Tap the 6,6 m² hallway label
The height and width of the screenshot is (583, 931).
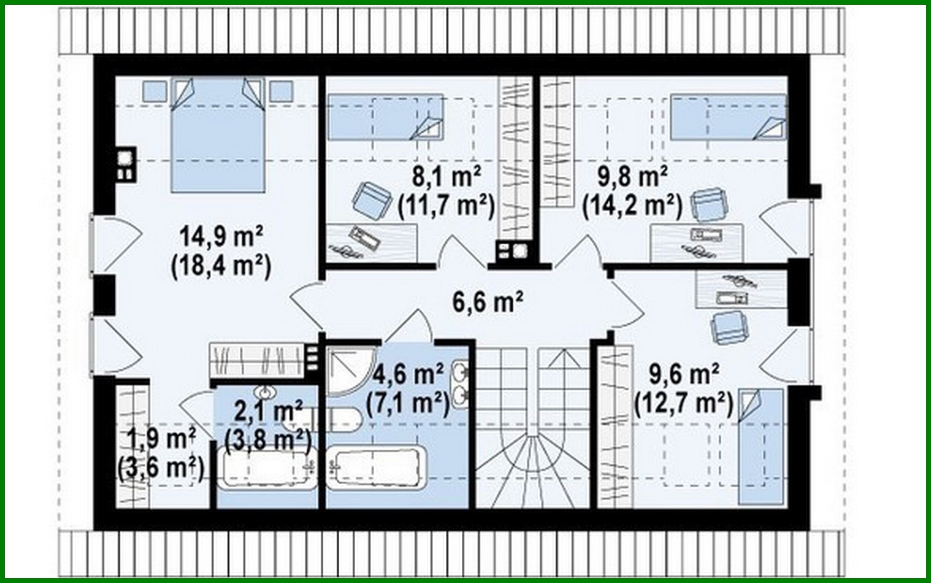click(x=487, y=302)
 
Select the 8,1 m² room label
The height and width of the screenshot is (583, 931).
click(x=446, y=177)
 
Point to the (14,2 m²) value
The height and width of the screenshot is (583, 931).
click(x=632, y=206)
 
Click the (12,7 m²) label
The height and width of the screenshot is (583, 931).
click(x=684, y=405)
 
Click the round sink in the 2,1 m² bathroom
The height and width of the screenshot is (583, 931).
click(x=265, y=393)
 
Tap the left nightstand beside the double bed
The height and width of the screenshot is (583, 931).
click(x=154, y=91)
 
